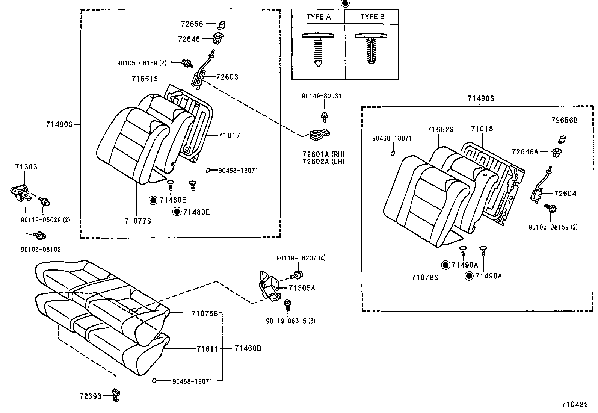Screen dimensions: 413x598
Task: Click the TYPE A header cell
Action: click(318, 17)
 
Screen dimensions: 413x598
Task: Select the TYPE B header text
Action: click(372, 17)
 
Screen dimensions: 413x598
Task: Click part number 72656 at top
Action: click(192, 24)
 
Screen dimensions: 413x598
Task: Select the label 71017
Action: click(229, 135)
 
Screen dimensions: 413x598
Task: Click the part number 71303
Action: click(26, 167)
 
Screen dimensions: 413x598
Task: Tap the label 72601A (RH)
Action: click(323, 154)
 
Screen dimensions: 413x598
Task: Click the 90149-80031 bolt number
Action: click(322, 96)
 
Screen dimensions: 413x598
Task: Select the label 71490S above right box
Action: click(480, 99)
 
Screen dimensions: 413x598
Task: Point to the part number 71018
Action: click(482, 129)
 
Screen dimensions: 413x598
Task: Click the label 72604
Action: click(565, 194)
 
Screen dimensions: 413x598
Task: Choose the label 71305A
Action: click(302, 288)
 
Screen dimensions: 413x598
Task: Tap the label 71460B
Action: click(248, 348)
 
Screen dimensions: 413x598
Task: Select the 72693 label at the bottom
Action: click(90, 396)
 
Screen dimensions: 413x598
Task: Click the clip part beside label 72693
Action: click(116, 395)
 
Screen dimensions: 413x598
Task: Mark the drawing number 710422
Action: click(574, 404)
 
